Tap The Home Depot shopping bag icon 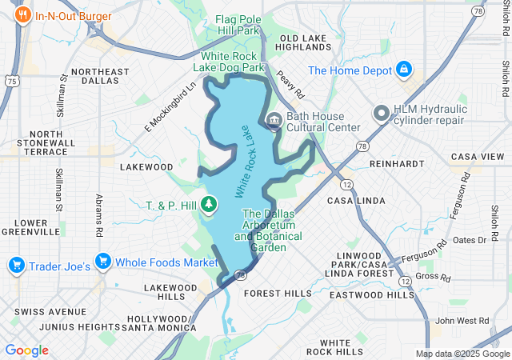405,70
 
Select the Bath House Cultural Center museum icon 273,121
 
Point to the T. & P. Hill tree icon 210,206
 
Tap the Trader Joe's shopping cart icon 15,263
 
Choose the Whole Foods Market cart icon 102,262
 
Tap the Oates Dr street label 470,240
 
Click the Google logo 26,350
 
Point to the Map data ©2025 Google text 462,354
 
